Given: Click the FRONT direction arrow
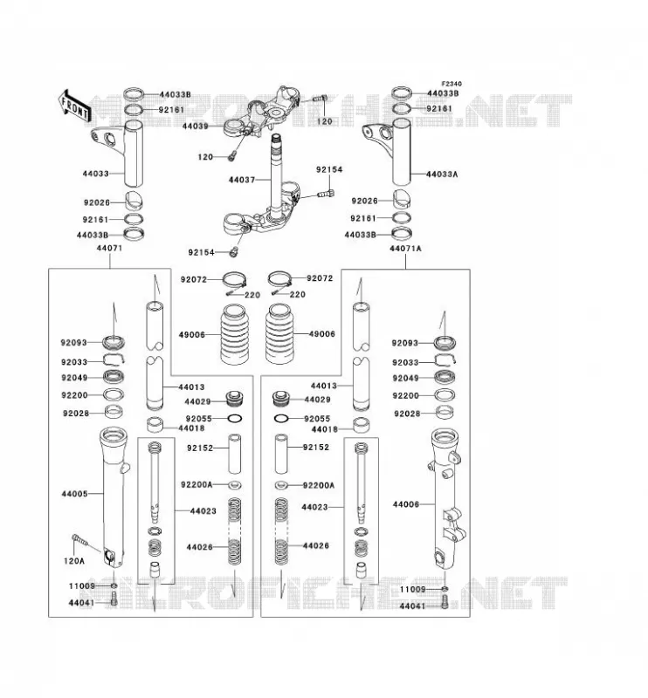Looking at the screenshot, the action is click(74, 106).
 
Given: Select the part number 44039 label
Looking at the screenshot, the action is click(196, 127).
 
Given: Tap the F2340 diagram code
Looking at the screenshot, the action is click(452, 84).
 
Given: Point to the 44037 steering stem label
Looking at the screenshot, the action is click(242, 180).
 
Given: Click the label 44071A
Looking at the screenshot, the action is click(405, 249).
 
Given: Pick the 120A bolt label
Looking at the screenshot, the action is click(74, 561).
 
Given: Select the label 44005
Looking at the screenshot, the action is click(74, 494).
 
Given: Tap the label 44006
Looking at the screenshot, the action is click(405, 504).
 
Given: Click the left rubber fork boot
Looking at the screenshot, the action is click(233, 333).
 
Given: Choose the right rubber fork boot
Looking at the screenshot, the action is click(279, 333).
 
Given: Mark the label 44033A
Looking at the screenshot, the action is click(442, 174).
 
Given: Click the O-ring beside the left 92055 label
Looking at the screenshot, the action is click(235, 419).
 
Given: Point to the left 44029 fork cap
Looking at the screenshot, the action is click(233, 399).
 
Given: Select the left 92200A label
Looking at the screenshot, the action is click(196, 484).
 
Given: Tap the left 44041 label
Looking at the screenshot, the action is click(81, 603).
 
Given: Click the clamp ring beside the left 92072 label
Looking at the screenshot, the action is click(234, 280).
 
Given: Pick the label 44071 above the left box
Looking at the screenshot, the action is click(109, 248).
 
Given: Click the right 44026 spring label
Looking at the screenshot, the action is click(315, 546).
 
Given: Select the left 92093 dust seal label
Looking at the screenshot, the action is click(73, 343).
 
